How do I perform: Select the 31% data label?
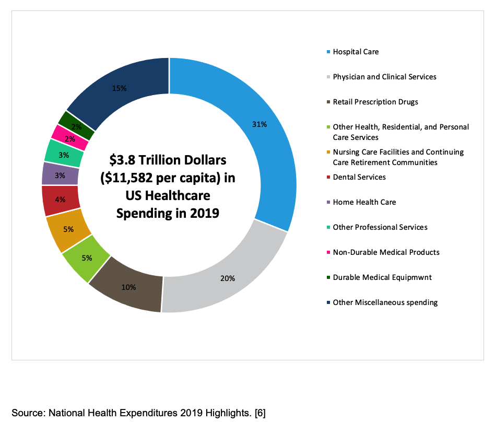[x=260, y=124]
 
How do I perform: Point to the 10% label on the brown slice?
[x=129, y=287]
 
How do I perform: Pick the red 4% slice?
[x=61, y=200]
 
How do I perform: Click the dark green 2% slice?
[x=77, y=125]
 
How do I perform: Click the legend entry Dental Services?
[x=359, y=177]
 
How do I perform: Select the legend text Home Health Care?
[x=364, y=202]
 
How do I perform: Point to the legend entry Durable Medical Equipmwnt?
[x=381, y=277]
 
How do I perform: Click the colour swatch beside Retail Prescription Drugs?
[x=327, y=102]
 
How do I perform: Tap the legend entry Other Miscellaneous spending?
[x=385, y=302]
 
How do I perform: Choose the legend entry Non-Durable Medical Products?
[x=386, y=252]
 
